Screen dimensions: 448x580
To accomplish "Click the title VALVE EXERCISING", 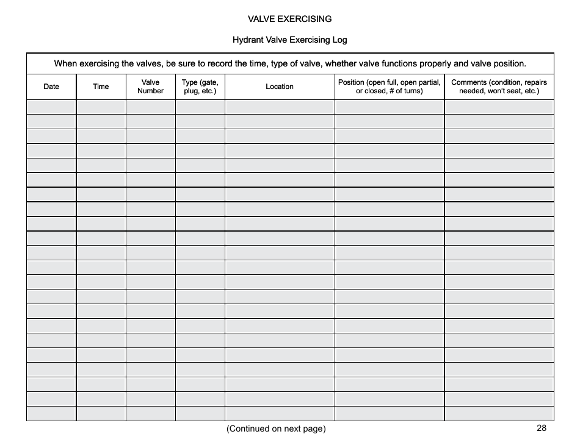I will click(289, 19).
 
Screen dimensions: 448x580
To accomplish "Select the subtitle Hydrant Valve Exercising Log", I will click(289, 40).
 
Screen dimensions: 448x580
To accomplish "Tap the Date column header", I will click(51, 87).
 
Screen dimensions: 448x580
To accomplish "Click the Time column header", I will click(101, 87).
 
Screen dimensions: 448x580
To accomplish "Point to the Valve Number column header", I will click(150, 87).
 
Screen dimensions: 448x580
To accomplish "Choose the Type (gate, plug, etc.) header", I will click(200, 87).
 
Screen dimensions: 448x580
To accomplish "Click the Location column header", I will click(280, 87).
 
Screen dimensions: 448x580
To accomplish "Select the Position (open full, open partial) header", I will click(390, 87).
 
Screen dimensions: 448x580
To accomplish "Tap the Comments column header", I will click(499, 87).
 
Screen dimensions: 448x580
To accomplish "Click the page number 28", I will click(542, 428).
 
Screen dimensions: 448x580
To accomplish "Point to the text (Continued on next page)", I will click(276, 428).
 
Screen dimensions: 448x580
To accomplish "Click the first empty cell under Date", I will click(51, 107).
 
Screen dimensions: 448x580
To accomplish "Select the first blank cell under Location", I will click(280, 107).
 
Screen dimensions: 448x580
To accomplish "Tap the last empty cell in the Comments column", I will click(499, 414).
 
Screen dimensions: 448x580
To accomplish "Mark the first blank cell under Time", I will click(101, 107).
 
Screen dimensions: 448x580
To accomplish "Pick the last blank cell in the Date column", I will click(51, 414).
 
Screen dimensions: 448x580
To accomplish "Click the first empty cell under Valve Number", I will click(150, 107).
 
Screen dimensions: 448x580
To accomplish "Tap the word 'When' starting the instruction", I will click(65, 63).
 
